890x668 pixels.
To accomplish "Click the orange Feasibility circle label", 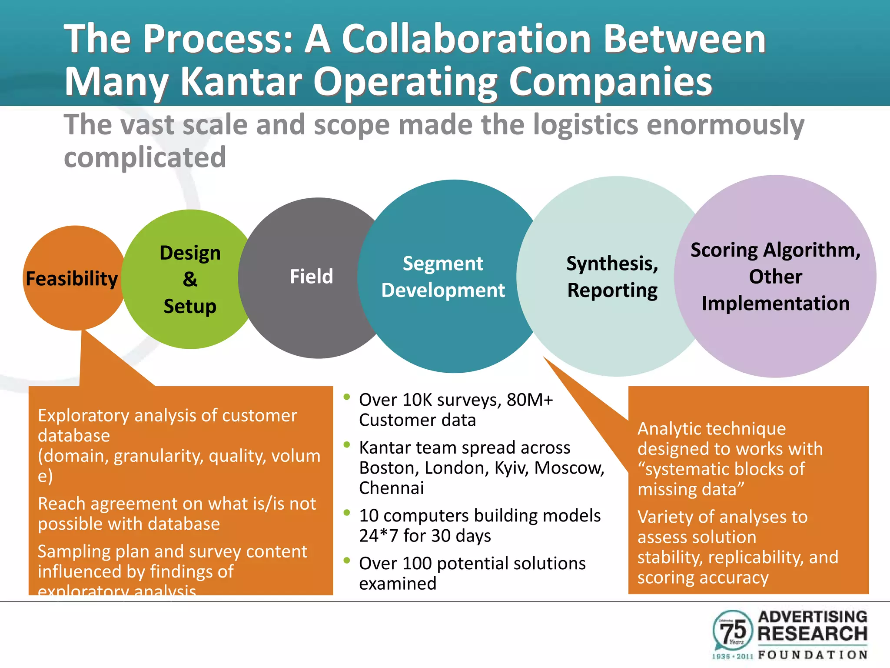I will coord(72,279).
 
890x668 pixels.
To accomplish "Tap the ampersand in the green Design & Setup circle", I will coord(190,279).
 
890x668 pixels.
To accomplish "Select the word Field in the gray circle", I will coord(311,277).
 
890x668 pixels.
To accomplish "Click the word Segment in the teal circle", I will coord(442,264).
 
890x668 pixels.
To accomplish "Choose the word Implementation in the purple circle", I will coord(775,303).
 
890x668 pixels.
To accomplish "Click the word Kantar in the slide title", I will coord(241,81).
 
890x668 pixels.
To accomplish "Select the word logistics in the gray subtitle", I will coord(585,125).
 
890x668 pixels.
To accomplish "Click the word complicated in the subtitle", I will coord(145,157).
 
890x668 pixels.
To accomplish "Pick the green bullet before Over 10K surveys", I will coord(346,397).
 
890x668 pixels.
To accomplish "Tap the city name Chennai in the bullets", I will coord(391,488).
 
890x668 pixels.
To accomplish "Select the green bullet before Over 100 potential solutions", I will coord(346,560).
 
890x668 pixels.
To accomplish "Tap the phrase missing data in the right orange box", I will coord(691,489).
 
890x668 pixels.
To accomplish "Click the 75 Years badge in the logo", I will coord(733,630).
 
